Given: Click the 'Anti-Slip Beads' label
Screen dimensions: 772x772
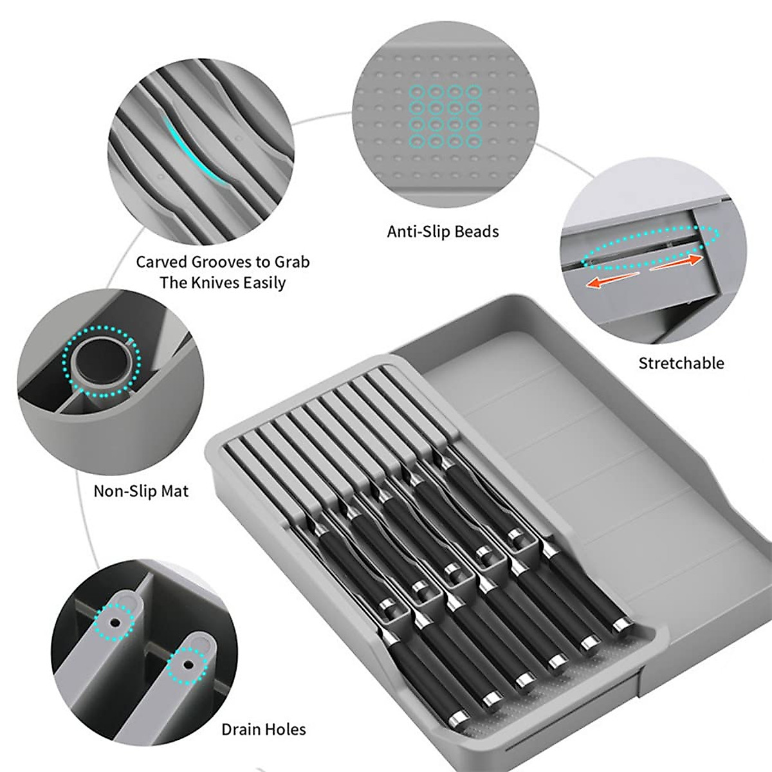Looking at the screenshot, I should pos(443,232).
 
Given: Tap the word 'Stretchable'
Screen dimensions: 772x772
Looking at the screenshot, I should pos(681,363).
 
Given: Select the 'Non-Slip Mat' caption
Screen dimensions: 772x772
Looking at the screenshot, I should pos(141,491).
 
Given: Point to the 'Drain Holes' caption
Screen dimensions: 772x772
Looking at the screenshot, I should pos(263,729).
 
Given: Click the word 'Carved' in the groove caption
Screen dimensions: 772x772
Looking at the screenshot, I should pos(160,262).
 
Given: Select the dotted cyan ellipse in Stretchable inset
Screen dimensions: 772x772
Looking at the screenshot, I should pos(650,247).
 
